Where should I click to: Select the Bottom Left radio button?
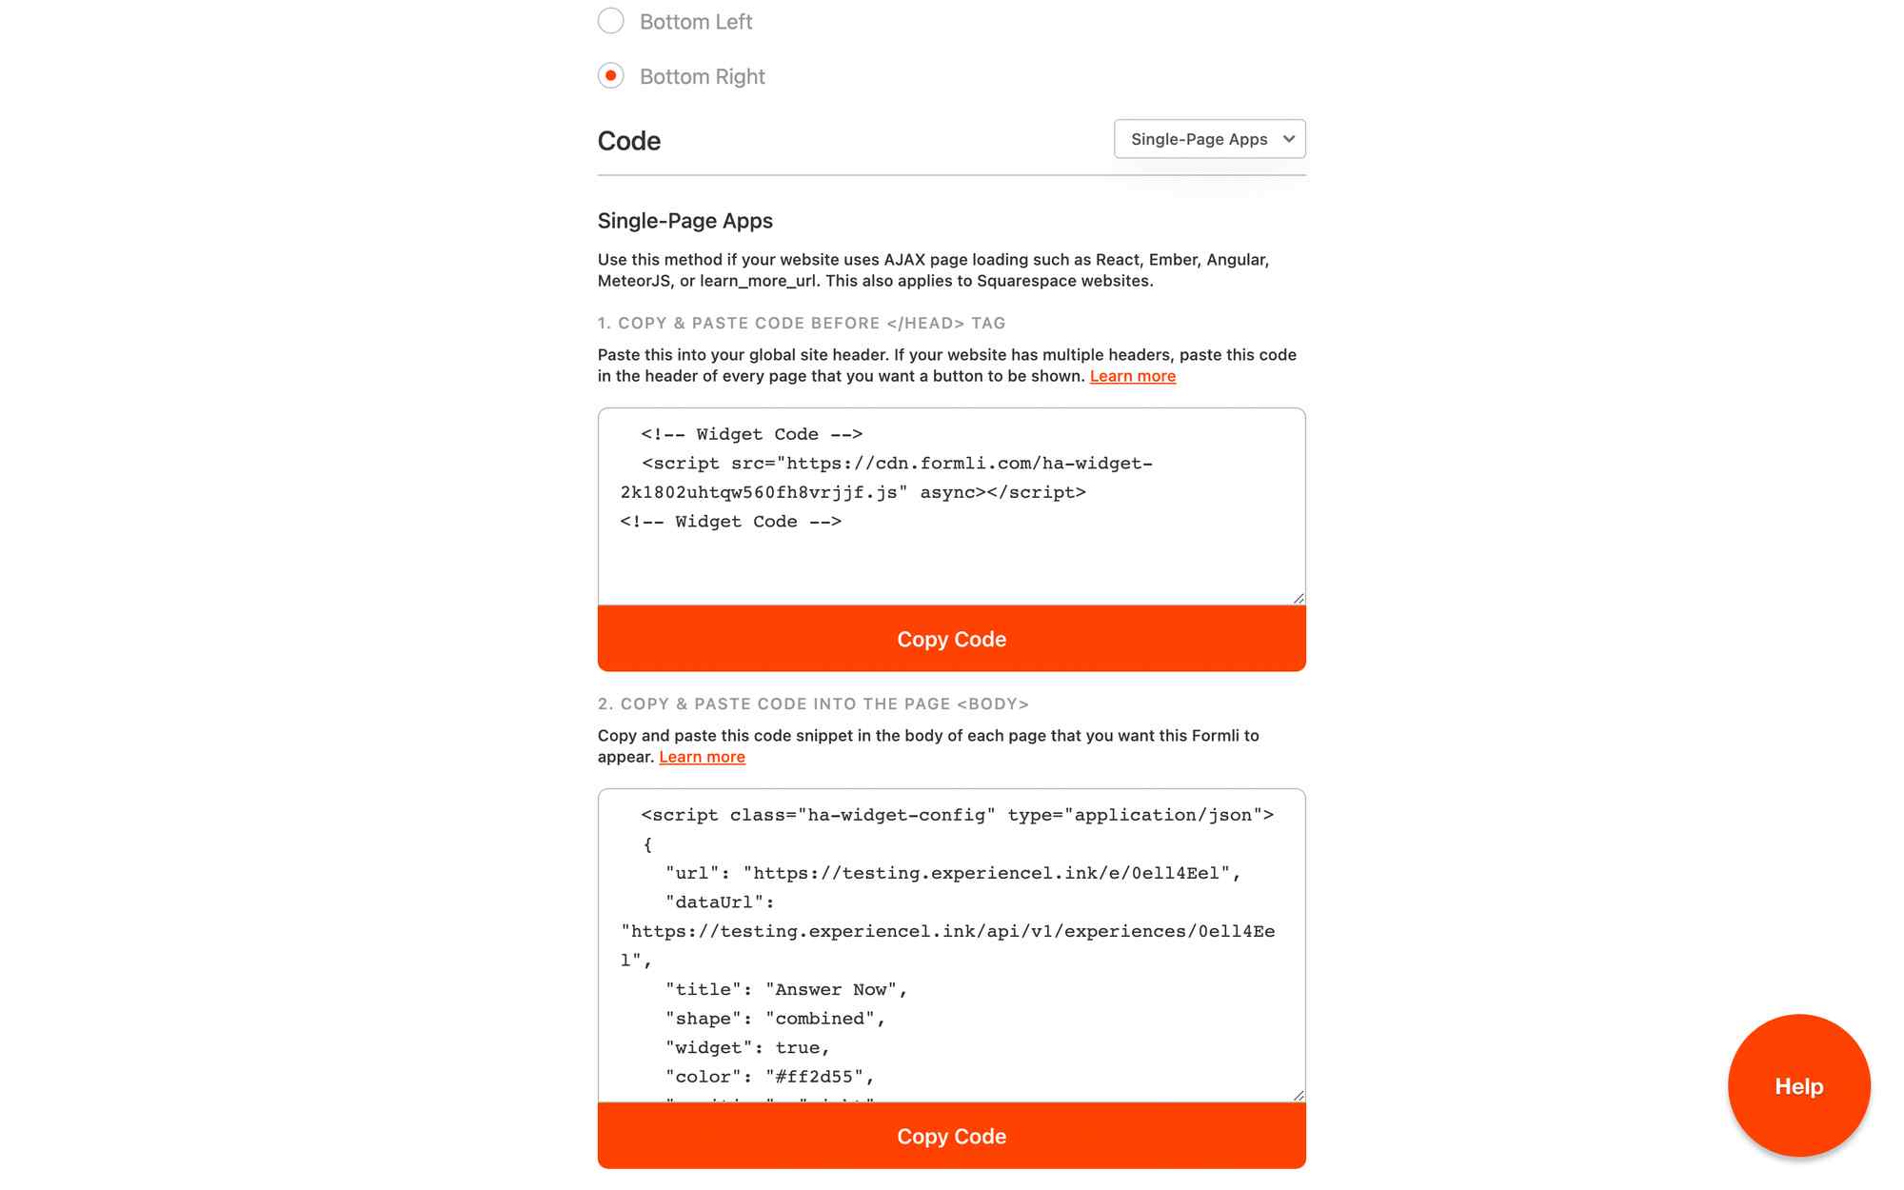[x=611, y=21]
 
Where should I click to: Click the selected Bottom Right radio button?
[x=611, y=75]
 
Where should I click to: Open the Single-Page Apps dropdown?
[x=1209, y=139]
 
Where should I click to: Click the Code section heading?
[x=629, y=141]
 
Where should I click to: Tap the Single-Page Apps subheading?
[x=684, y=221]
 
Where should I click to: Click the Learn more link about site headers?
[x=1132, y=376]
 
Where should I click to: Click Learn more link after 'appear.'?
[x=702, y=757]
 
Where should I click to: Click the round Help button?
[x=1798, y=1085]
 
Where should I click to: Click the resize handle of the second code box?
[x=1299, y=1096]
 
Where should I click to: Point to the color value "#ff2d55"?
[x=814, y=1077]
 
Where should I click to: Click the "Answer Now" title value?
[x=831, y=990]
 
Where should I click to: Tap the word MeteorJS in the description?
[x=634, y=281]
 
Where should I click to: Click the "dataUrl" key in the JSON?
[x=715, y=902]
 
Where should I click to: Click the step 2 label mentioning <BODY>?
[x=813, y=704]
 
